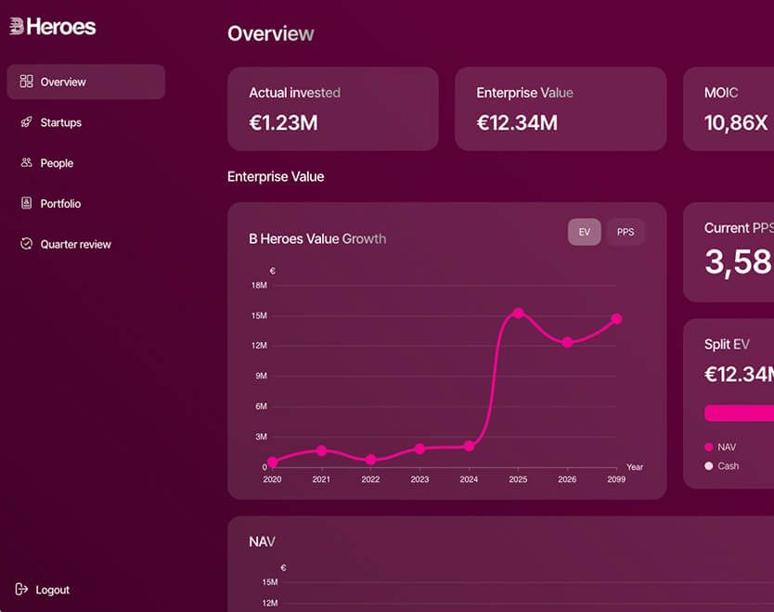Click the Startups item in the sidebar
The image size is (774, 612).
coord(50,122)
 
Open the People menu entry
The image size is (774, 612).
coord(46,163)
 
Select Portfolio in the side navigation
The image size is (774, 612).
coord(50,203)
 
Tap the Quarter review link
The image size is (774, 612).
coord(65,244)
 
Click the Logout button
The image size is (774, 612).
coord(43,590)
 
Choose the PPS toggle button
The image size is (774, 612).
coord(626,232)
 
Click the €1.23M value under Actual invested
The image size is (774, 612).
coord(283,122)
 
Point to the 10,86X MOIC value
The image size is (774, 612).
coord(736,122)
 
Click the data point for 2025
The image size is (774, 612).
coord(518,313)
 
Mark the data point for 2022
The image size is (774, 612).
coord(370,460)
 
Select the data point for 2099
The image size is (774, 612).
coord(616,319)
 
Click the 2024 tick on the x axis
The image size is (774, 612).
coord(469,478)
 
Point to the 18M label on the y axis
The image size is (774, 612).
coord(259,285)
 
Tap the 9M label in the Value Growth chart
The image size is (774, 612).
coord(261,376)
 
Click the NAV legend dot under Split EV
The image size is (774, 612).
coord(709,447)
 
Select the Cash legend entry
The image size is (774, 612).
coord(722,466)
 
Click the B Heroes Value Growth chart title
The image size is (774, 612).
coord(317,238)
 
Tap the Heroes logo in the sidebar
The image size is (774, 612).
coord(52,27)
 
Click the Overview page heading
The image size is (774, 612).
coord(270,33)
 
